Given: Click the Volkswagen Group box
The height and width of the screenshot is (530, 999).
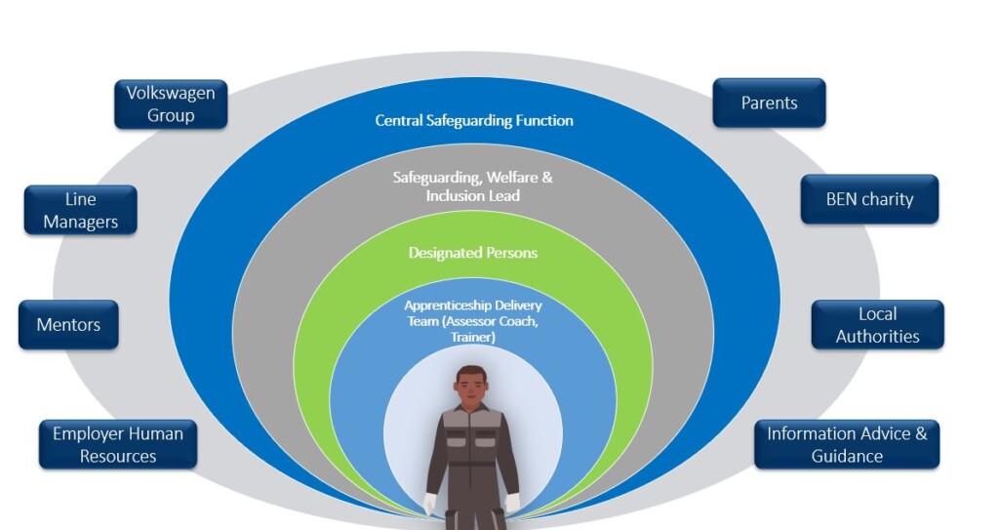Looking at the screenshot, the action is (x=171, y=104).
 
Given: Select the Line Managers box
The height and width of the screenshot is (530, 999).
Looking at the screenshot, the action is (x=80, y=211).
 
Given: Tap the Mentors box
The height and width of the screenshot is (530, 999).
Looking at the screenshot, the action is (x=68, y=325).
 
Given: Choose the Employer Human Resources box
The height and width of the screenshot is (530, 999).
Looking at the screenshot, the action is (x=118, y=444).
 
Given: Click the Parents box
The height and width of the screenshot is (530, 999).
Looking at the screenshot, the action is (x=769, y=102).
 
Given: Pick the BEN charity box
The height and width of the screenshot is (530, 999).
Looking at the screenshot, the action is (x=869, y=199).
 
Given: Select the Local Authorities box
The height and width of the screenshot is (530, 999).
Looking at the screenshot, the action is (x=877, y=325).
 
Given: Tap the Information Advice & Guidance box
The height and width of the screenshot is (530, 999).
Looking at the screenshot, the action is (x=847, y=444).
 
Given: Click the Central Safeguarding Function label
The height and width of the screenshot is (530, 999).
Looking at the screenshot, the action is (x=474, y=120).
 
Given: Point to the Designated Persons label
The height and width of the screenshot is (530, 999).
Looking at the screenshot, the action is (x=473, y=253).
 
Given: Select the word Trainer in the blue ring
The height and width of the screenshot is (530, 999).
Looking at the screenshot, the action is (x=473, y=337).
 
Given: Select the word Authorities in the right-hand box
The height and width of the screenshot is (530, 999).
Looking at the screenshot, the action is (x=877, y=336).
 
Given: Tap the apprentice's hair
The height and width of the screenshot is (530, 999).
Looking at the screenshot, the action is (x=471, y=372).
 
